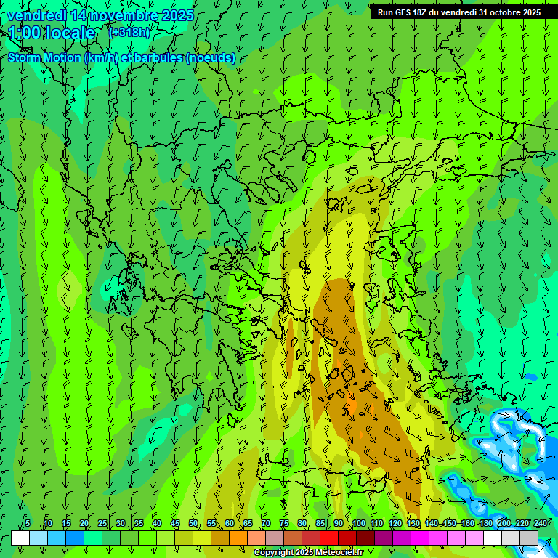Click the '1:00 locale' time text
coord(52,33)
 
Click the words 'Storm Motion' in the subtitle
coord(44,58)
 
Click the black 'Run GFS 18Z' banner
coord(458,12)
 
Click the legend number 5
coord(28,523)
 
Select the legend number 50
coord(193,523)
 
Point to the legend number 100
coord(359,523)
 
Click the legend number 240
coord(541,523)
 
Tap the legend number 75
coord(284,523)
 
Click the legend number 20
coord(84,523)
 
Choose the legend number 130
coord(413,523)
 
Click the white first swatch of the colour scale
coord(20,538)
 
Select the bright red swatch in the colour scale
coord(329,538)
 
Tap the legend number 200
coord(504,523)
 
